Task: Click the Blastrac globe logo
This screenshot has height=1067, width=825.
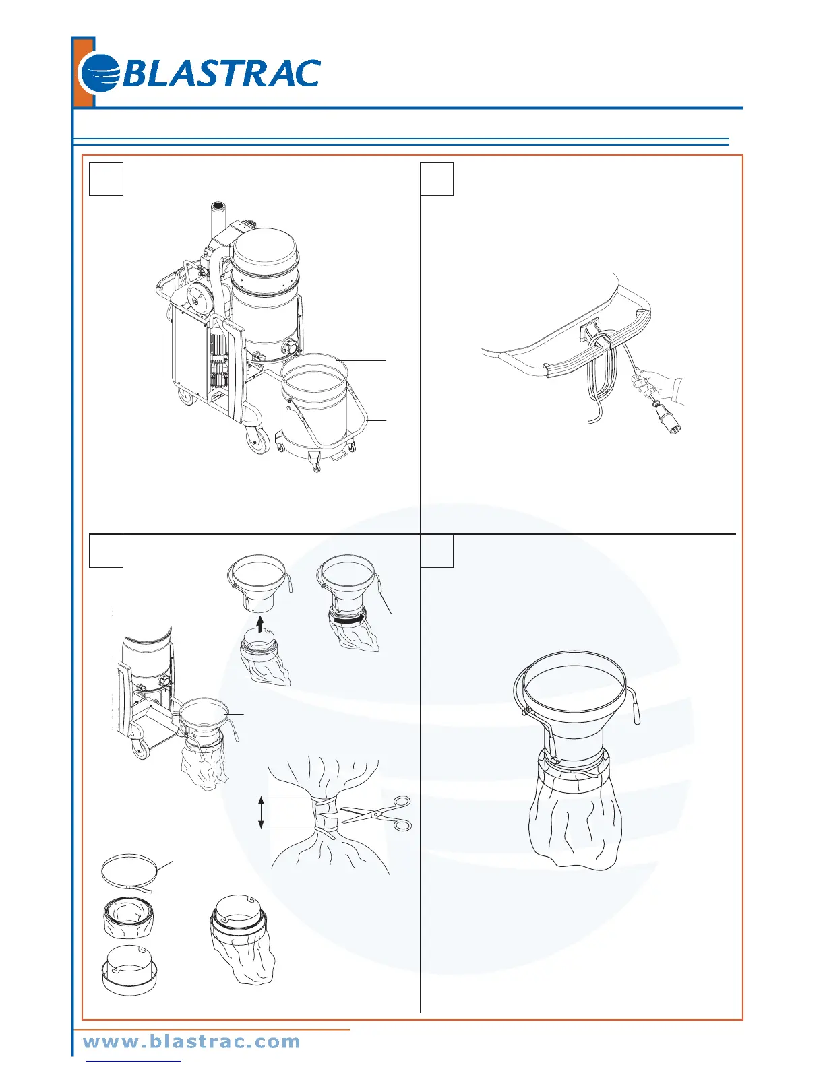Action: click(x=100, y=73)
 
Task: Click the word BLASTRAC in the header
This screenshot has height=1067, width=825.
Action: click(x=221, y=73)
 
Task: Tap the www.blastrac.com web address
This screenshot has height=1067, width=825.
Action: click(x=191, y=1041)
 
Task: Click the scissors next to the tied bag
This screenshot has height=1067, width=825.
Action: click(x=377, y=813)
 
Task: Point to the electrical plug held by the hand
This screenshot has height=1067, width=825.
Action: click(x=660, y=415)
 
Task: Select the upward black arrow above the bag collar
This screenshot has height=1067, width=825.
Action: click(x=260, y=625)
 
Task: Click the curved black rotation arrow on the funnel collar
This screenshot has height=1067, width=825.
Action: click(x=350, y=620)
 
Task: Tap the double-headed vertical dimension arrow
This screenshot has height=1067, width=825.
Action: click(x=262, y=812)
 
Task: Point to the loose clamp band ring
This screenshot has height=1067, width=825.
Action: click(x=129, y=874)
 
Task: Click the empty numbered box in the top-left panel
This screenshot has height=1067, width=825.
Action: click(x=106, y=179)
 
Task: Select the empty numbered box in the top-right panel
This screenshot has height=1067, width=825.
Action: click(x=437, y=179)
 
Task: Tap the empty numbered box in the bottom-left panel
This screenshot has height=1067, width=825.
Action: click(x=106, y=551)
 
